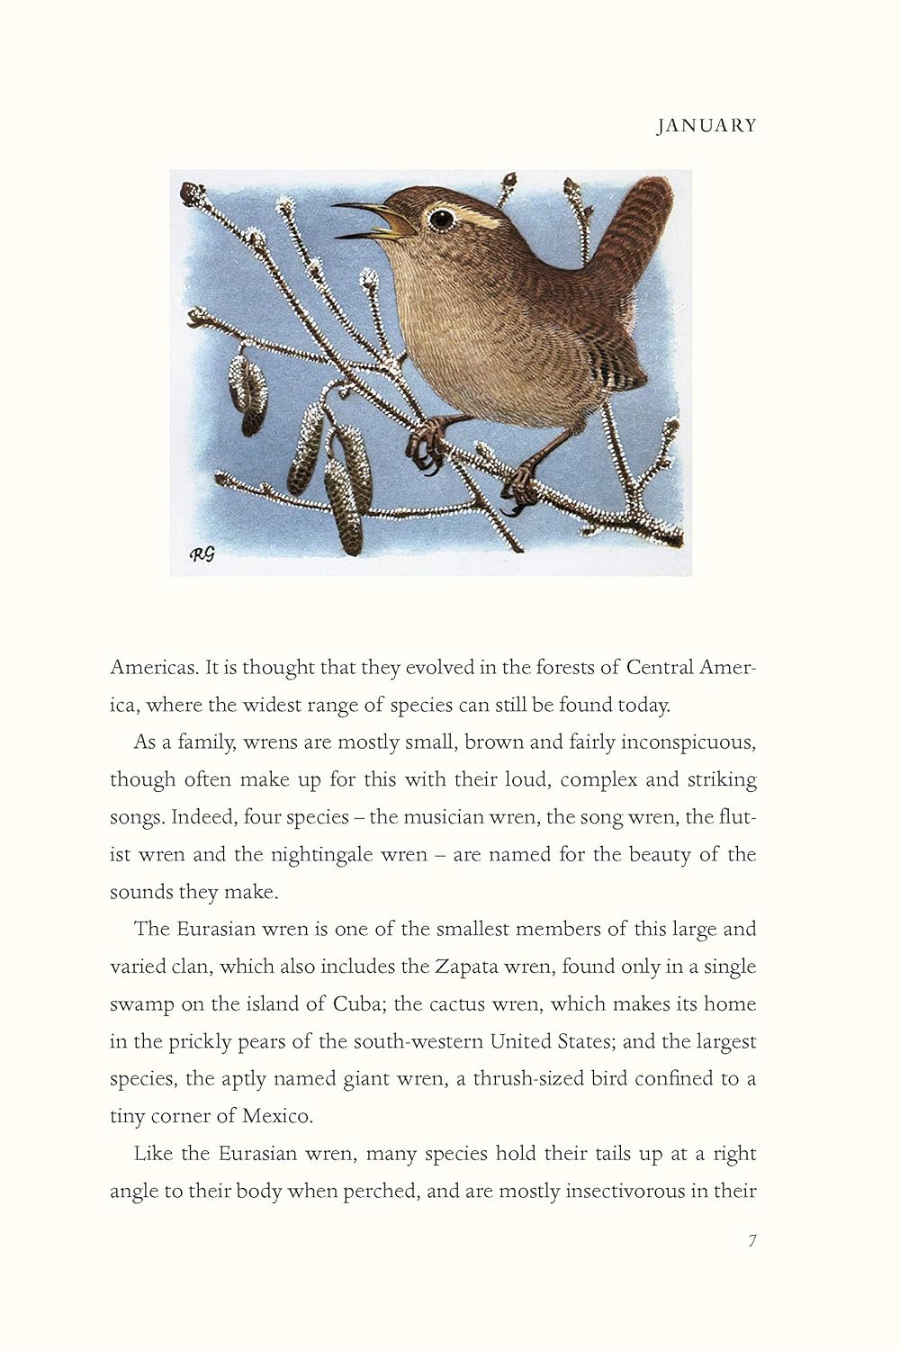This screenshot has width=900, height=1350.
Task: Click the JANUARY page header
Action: click(706, 126)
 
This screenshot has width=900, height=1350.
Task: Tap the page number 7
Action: click(752, 1240)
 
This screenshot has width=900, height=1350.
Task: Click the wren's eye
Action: click(441, 218)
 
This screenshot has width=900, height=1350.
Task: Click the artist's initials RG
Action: click(202, 554)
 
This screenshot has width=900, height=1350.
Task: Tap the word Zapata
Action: click(466, 967)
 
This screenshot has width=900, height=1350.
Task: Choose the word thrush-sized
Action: click(528, 1078)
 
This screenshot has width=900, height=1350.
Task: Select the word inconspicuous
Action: click(688, 742)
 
